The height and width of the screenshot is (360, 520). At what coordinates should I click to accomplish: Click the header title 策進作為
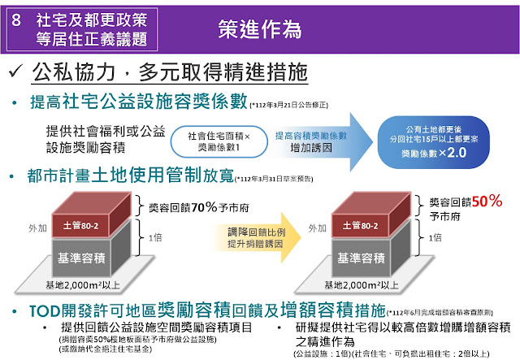[x=260, y=28]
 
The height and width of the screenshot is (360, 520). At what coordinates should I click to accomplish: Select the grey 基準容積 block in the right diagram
[x=360, y=258]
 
